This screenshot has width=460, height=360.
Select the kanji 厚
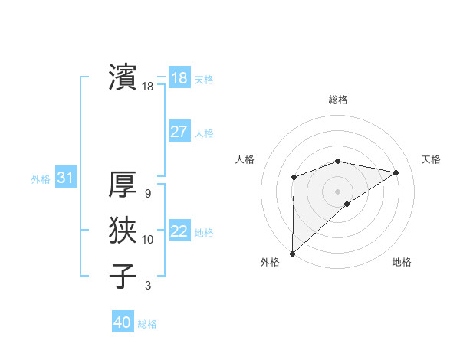coord(123,185)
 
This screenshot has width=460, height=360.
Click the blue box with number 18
coord(179,78)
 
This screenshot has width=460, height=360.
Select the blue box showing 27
coord(179,132)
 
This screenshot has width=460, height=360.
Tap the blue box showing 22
coord(179,231)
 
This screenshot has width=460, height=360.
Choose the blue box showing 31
coord(65,178)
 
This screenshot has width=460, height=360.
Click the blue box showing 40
coord(123,322)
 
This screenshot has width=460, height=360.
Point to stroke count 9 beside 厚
coord(148,194)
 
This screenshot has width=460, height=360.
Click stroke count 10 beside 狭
coord(148,240)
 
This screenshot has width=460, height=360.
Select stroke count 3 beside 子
coord(148,286)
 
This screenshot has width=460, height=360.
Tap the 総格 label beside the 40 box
coord(147,324)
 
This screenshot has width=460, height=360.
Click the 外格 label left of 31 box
coord(41,179)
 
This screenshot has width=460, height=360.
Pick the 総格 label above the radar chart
coord(337,100)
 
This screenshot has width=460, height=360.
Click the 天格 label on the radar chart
coord(431,159)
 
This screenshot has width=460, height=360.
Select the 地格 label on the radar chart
coord(402,262)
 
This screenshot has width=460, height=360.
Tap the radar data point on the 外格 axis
coord(292,253)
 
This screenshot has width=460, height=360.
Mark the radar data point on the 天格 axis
coord(396,172)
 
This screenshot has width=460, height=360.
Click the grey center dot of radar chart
coord(337,191)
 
